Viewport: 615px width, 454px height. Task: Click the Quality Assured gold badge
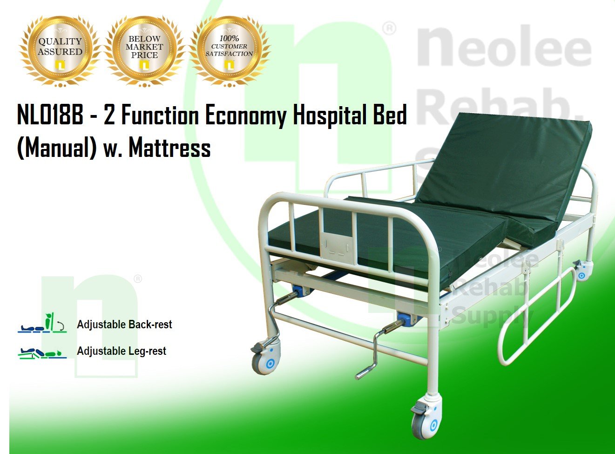tap(60, 51)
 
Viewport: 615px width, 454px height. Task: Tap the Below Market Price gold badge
tap(144, 51)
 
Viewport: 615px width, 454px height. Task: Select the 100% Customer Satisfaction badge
tap(229, 51)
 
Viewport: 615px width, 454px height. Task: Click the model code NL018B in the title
tap(50, 115)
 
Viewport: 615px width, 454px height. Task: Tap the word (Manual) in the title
tap(57, 149)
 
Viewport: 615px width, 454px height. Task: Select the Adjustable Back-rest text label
tap(124, 324)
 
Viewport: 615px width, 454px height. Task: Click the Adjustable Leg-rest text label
tap(122, 351)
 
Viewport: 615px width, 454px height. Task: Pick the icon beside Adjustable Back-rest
tap(42, 323)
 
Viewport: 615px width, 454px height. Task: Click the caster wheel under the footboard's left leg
tap(265, 358)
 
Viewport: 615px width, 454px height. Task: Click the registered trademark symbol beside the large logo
tap(389, 28)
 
